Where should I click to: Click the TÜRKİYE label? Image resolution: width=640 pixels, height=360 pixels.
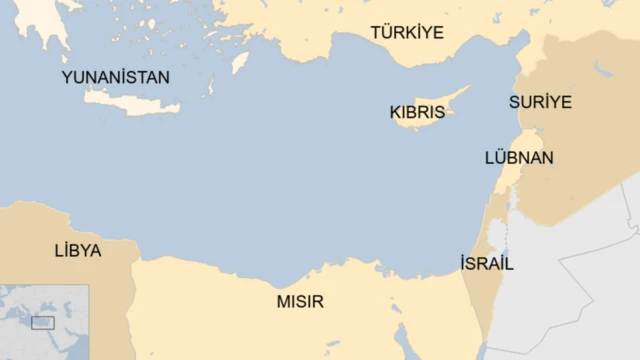pyautogui.click(x=406, y=33)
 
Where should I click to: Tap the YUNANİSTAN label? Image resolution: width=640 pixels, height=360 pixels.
pyautogui.click(x=115, y=77)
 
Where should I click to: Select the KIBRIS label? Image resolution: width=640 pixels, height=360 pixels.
pyautogui.click(x=417, y=113)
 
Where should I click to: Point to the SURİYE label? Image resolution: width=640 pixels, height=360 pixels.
pyautogui.click(x=540, y=101)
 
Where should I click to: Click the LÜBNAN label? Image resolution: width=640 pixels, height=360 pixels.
pyautogui.click(x=519, y=158)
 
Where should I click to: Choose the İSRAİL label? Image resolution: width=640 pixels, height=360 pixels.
pyautogui.click(x=487, y=264)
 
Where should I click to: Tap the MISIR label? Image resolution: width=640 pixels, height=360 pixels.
pyautogui.click(x=300, y=301)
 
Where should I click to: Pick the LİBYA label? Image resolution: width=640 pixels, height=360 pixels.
pyautogui.click(x=78, y=251)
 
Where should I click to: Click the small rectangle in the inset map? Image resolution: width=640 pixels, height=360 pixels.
pyautogui.click(x=43, y=322)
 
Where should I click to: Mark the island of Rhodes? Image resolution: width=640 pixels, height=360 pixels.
pyautogui.click(x=239, y=63)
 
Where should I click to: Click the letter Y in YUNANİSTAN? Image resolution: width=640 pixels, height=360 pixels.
pyautogui.click(x=67, y=77)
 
